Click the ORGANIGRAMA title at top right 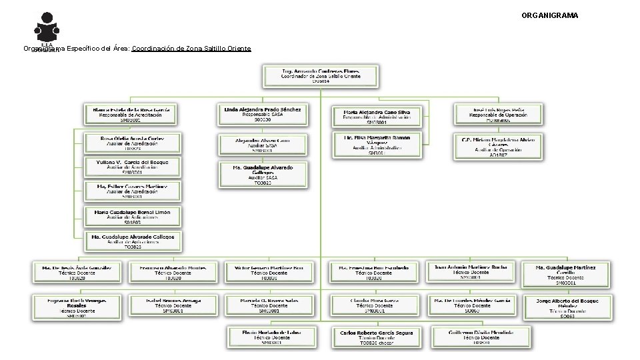[550, 15]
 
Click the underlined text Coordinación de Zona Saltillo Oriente [191, 49]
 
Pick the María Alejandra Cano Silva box [377, 117]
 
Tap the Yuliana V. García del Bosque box [132, 167]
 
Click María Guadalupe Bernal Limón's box [132, 215]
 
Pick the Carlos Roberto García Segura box [377, 337]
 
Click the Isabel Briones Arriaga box [173, 305]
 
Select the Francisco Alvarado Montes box [173, 272]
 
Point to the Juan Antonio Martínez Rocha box [471, 271]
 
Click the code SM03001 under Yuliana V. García [131, 172]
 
